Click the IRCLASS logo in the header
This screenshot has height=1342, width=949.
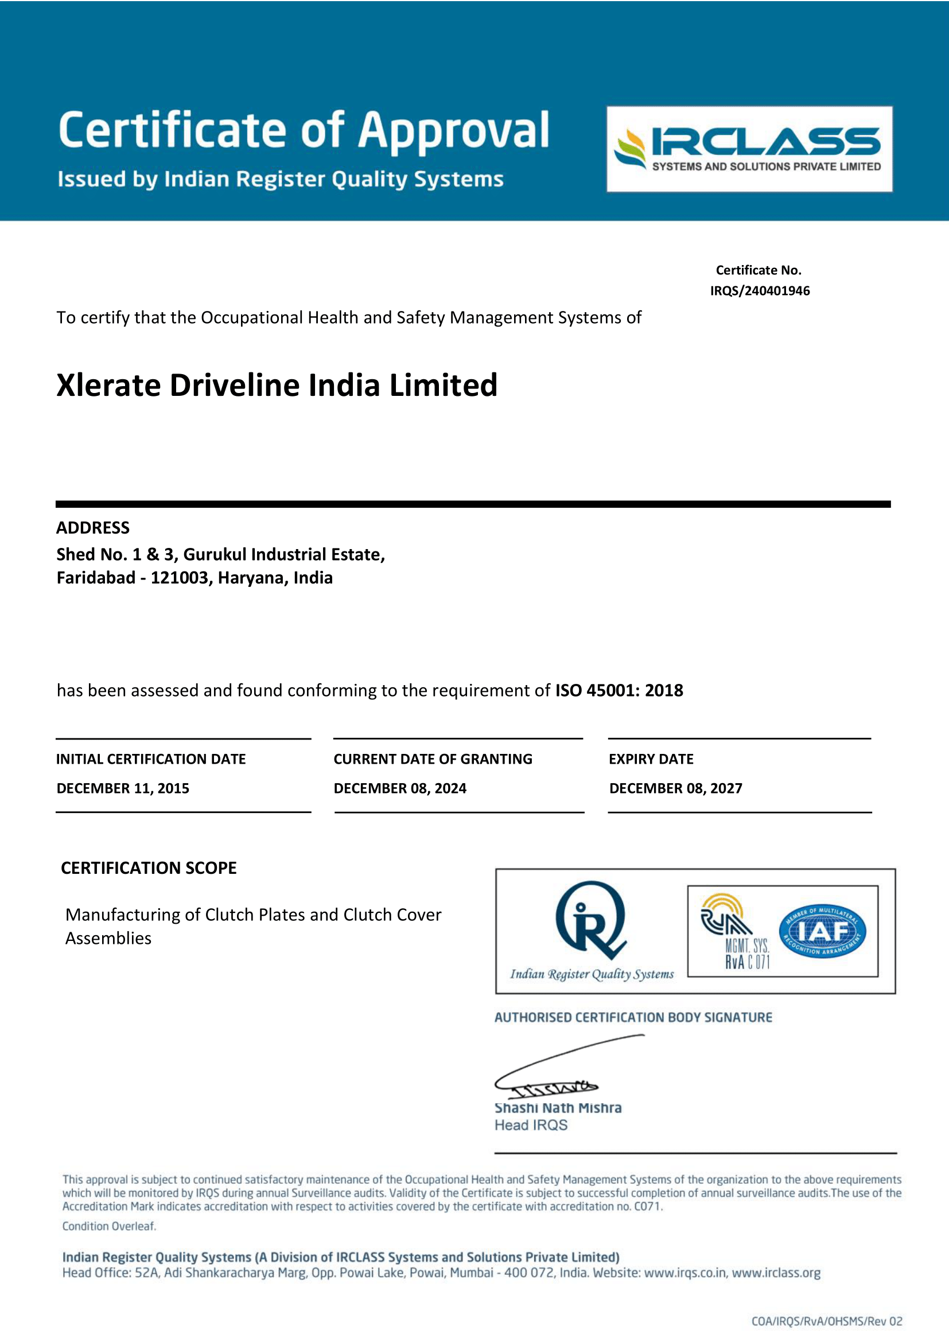(x=749, y=149)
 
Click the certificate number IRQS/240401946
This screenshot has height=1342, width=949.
(x=760, y=291)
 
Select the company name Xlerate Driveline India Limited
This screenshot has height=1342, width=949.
(x=277, y=386)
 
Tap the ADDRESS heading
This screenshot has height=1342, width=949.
(x=93, y=528)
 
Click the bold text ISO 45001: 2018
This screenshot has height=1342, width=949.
(x=619, y=691)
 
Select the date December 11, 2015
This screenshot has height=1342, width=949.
(x=123, y=788)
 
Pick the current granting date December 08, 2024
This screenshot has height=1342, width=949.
(x=400, y=788)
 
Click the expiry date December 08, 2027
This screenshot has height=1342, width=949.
(x=675, y=788)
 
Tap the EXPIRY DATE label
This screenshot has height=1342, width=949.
(x=651, y=759)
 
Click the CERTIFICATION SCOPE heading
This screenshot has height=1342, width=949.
(x=149, y=868)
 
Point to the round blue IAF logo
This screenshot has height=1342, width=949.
(x=822, y=932)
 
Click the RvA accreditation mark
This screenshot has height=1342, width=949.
(x=736, y=932)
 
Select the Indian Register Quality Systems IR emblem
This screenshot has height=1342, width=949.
(x=590, y=921)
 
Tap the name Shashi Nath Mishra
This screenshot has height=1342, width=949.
(x=558, y=1108)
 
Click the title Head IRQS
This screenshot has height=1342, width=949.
(x=531, y=1126)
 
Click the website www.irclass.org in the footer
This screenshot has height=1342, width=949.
(x=776, y=1273)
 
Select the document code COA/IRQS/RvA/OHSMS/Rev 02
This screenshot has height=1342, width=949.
(x=826, y=1321)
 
